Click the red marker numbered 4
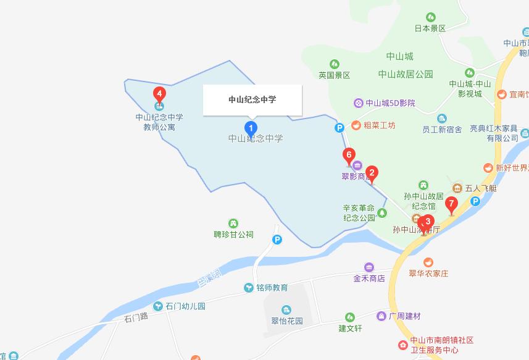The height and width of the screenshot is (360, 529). (159, 94)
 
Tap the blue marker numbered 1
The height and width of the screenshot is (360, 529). (251, 128)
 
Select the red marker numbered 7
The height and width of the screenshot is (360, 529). (451, 203)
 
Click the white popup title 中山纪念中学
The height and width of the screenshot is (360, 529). (252, 99)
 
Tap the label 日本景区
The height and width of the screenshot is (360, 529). (430, 28)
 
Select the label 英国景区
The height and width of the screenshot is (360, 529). (335, 75)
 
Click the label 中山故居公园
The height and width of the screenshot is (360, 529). (406, 74)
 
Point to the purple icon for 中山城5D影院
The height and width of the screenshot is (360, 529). (358, 103)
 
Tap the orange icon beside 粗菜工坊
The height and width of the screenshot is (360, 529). (356, 125)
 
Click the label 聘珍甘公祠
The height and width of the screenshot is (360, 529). (233, 235)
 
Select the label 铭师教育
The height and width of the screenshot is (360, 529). (272, 288)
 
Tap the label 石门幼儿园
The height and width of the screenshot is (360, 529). (185, 306)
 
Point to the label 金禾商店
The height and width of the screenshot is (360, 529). (369, 278)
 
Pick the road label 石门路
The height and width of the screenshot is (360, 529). (136, 318)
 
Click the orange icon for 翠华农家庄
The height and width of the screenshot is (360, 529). (428, 262)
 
